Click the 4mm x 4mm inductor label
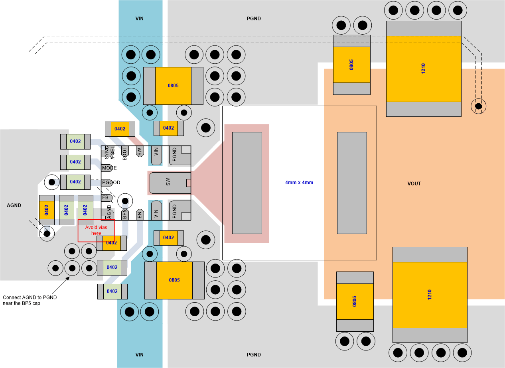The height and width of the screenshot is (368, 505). (x=299, y=183)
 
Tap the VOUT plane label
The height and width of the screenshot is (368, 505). (x=414, y=184)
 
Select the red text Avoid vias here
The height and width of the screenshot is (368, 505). (x=96, y=230)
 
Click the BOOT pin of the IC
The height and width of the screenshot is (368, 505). (x=124, y=153)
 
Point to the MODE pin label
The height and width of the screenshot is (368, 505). (x=109, y=168)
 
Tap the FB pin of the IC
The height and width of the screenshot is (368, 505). (x=106, y=197)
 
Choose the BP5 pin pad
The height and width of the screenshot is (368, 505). (x=124, y=214)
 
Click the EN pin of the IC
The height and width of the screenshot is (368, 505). (x=140, y=214)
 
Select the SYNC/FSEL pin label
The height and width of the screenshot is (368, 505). (x=109, y=152)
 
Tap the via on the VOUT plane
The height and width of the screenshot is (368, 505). (x=478, y=106)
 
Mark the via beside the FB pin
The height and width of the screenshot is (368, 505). (x=125, y=201)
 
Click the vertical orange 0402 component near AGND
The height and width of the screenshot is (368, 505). (x=47, y=210)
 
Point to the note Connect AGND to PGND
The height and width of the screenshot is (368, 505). (x=30, y=300)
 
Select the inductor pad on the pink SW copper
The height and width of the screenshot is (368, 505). (x=247, y=183)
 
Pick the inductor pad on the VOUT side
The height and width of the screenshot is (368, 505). (x=352, y=183)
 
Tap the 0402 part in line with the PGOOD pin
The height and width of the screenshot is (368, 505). (x=75, y=182)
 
